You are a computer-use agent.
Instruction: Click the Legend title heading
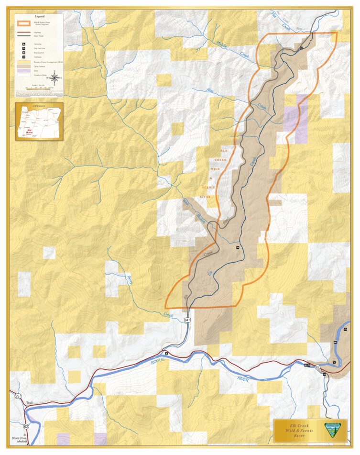click(39, 16)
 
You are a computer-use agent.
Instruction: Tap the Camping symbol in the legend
click(23, 44)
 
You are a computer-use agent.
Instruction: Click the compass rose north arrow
click(55, 77)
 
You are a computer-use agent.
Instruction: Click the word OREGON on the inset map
click(39, 106)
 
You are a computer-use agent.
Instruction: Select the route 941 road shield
click(187, 320)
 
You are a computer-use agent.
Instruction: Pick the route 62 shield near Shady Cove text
click(25, 426)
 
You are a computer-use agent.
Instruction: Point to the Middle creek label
click(221, 43)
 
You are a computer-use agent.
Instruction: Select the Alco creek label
click(209, 89)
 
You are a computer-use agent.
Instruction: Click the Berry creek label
click(129, 280)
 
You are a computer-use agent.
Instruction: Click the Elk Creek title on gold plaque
click(299, 425)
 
